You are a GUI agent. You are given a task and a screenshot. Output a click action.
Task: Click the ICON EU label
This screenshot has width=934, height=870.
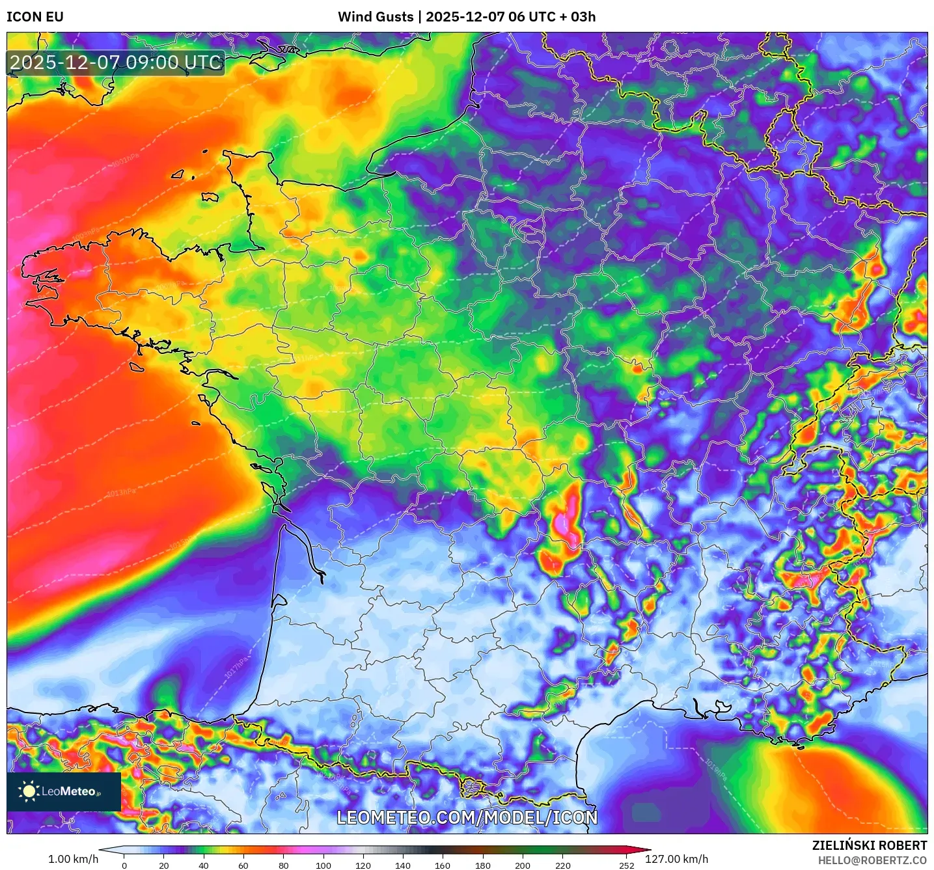tap(35, 17)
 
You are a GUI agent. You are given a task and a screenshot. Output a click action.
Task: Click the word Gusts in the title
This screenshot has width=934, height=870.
tap(393, 17)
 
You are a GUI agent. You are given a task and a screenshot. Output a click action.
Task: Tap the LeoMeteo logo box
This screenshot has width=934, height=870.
tap(64, 791)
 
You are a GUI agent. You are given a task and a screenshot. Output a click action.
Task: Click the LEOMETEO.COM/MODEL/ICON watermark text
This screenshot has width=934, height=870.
tap(467, 817)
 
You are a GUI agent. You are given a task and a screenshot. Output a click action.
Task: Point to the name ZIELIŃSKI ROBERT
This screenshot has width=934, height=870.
tap(869, 845)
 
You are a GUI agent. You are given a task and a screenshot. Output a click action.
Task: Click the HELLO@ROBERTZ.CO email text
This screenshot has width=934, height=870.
tap(872, 860)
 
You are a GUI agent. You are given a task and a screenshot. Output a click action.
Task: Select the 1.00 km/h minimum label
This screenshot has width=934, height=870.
tap(73, 859)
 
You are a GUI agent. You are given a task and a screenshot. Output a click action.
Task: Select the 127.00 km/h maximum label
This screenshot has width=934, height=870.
tap(676, 859)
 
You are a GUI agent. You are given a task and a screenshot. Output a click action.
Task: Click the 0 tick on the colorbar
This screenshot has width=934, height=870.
tap(124, 865)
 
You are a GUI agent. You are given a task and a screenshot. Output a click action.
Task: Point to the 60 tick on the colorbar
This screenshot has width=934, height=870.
tap(243, 865)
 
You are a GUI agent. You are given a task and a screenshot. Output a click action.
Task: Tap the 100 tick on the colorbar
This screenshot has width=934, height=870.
tap(323, 865)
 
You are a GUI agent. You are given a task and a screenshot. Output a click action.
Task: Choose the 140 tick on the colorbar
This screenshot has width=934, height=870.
tap(403, 865)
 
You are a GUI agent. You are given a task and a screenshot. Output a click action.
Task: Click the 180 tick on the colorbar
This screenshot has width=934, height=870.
tap(483, 865)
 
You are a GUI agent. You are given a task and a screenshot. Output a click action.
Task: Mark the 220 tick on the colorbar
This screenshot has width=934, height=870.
tap(562, 865)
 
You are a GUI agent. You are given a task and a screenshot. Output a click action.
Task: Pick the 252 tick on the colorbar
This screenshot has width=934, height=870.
tap(626, 865)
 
